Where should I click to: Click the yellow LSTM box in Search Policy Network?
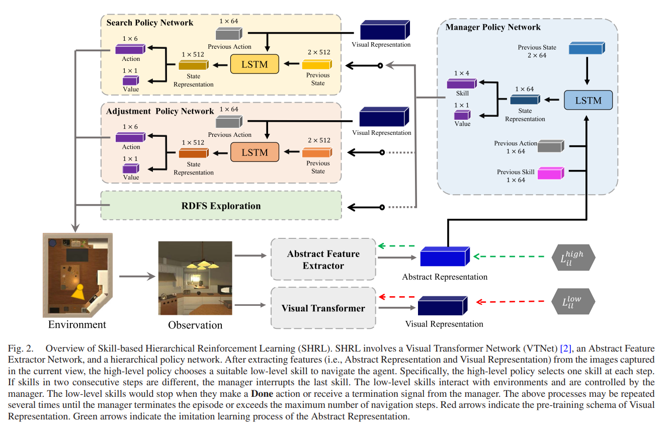(x=255, y=64)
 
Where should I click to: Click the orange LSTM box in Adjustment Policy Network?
(x=255, y=152)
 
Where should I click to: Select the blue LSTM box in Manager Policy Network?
(x=588, y=100)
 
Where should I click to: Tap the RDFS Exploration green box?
(x=221, y=206)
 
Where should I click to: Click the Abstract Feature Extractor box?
(x=323, y=259)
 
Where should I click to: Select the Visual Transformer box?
(x=323, y=308)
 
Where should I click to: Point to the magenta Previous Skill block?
(x=550, y=174)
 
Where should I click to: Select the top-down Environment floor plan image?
(x=77, y=274)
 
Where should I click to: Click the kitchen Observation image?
(x=196, y=278)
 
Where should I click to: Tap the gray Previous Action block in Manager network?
(x=550, y=146)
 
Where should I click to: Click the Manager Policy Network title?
(x=493, y=27)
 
